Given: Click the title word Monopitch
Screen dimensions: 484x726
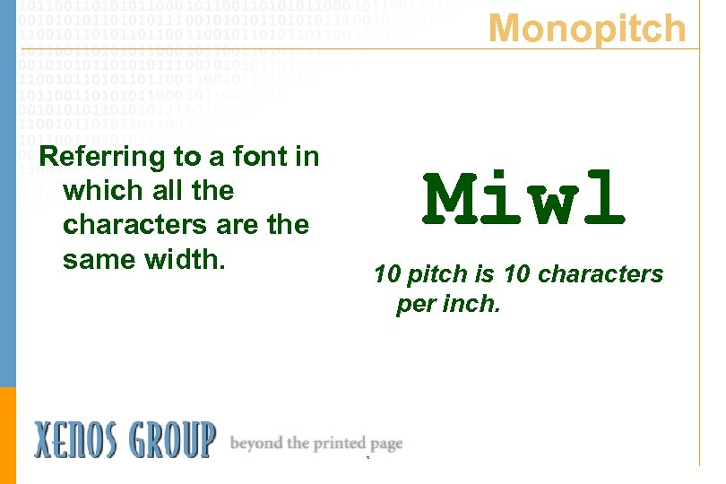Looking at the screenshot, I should (587, 29).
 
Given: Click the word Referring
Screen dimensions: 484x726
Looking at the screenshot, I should (103, 158).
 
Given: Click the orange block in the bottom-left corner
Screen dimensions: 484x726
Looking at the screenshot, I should (8, 435).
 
